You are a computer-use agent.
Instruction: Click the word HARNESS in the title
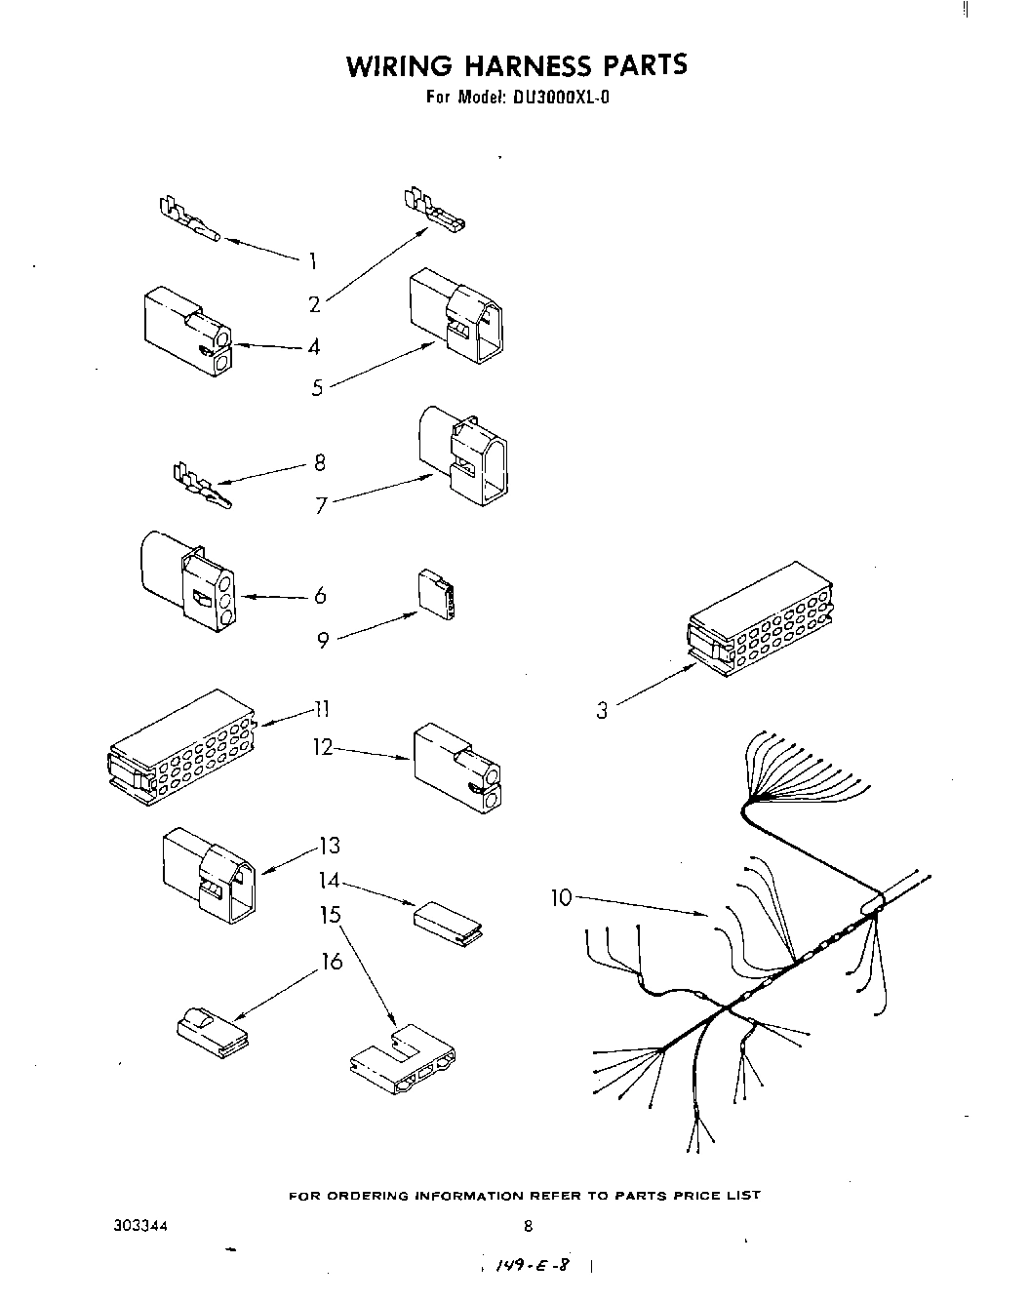[x=515, y=65]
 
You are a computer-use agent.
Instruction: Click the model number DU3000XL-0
[x=557, y=98]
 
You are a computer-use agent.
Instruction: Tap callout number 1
[x=312, y=260]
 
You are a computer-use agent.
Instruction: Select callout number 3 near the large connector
[x=602, y=711]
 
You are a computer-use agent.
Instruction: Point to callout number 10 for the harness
[x=561, y=897]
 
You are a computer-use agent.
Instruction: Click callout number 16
[x=333, y=962]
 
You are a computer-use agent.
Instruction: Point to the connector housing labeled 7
[x=464, y=456]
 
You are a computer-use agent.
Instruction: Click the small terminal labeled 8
[x=201, y=488]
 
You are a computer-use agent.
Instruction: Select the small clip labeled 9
[x=435, y=594]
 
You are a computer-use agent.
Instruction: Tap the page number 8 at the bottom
[x=528, y=1227]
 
